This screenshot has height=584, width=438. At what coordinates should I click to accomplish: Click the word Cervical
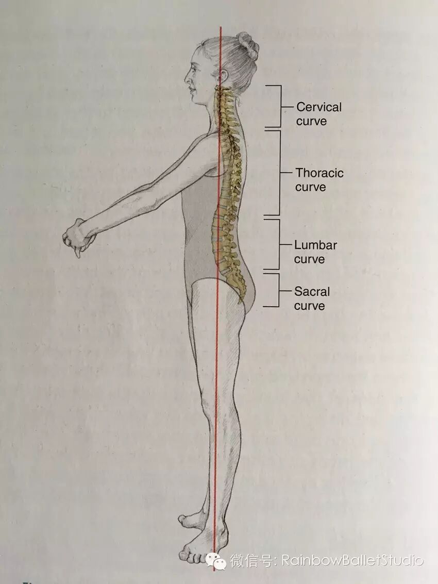click(x=318, y=107)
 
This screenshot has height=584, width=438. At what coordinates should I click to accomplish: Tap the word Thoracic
click(x=319, y=173)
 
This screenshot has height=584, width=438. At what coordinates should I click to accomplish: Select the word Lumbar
click(x=315, y=245)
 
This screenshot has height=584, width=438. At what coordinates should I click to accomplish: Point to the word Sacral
click(x=312, y=291)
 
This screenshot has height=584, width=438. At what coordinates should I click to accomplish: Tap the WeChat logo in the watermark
click(x=216, y=560)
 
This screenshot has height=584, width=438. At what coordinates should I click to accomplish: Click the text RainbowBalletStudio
click(x=352, y=560)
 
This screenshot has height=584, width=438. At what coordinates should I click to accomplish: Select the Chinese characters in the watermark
click(x=252, y=560)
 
